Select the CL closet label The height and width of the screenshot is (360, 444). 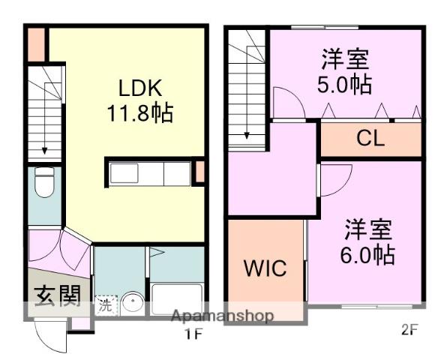[370, 139]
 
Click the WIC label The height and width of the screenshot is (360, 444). [265, 268]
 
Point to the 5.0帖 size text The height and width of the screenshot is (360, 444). [345, 83]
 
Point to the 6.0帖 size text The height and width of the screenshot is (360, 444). [369, 253]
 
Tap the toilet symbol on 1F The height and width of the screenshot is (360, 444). [44, 182]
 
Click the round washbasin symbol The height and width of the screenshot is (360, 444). [133, 304]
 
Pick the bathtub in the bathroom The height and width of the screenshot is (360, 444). [177, 299]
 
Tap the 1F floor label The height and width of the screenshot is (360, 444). [193, 334]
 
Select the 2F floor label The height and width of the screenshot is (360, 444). [409, 330]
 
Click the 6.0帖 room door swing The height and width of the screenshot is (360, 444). [334, 178]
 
